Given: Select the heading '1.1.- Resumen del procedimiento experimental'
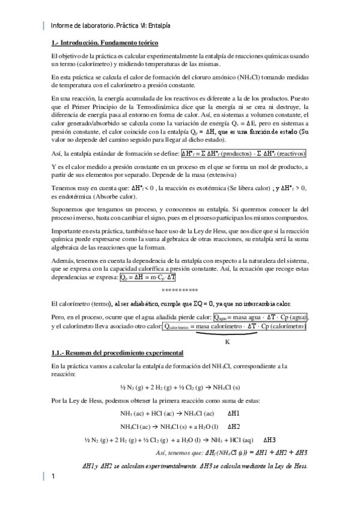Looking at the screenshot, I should click(x=109, y=352).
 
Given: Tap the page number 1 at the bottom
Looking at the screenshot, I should click(x=53, y=477).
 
